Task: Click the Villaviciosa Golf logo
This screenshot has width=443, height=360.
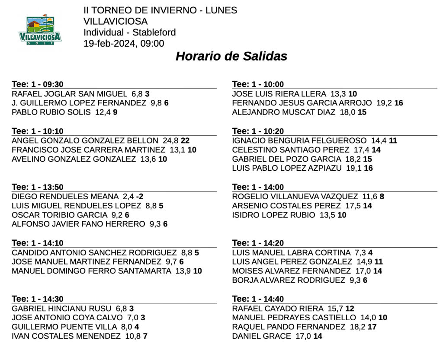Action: pos(40,30)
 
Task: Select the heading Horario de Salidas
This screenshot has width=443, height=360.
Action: pos(231,57)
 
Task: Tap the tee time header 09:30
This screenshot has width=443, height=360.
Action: pos(38,84)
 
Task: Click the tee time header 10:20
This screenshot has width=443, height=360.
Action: pos(258,131)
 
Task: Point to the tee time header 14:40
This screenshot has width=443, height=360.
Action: pos(258,299)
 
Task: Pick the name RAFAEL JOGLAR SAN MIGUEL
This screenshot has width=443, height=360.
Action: pos(69,94)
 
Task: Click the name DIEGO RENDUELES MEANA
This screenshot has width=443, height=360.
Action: pos(65,196)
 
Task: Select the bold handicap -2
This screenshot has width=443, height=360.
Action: pos(139,196)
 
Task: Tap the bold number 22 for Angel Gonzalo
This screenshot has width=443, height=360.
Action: pos(185,140)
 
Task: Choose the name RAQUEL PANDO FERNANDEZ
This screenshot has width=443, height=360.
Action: pos(289,327)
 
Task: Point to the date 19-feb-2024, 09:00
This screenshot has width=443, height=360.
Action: pos(124,43)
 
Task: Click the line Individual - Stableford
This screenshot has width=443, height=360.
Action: pos(129,32)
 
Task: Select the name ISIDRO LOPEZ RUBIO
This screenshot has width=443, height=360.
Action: pos(273,215)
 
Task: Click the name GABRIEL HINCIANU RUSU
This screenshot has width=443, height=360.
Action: pos(61,308)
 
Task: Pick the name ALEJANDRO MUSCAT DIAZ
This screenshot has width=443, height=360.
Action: pos(283,112)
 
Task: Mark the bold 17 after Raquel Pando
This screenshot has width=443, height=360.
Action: pos(372,327)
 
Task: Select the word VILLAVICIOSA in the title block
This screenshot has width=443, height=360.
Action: pos(116,21)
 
